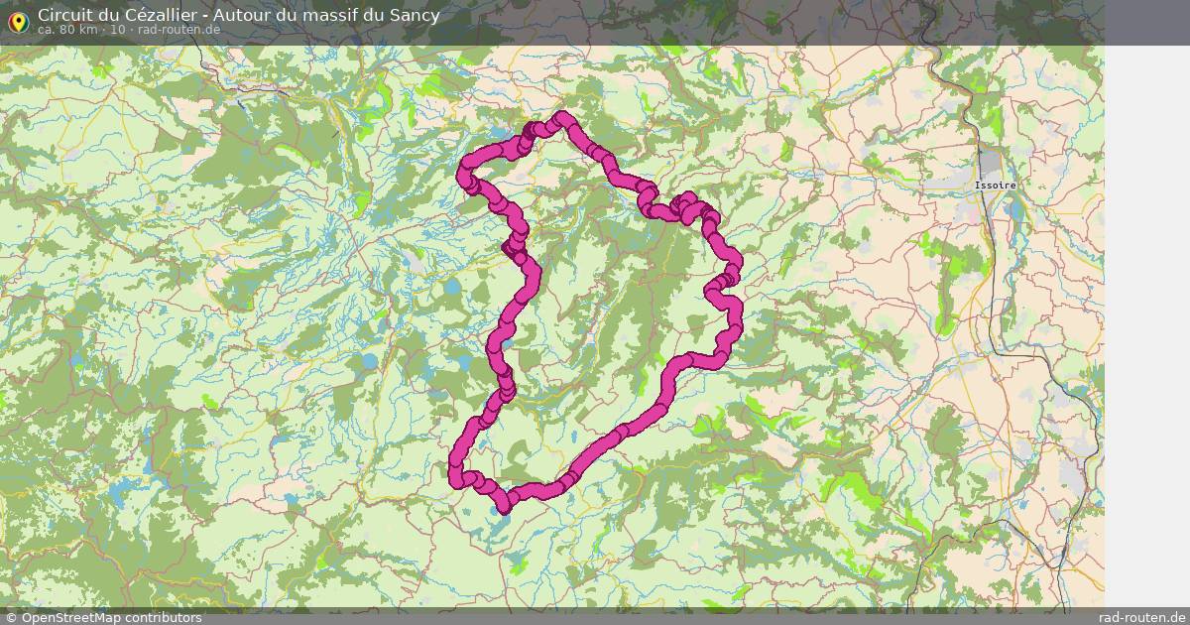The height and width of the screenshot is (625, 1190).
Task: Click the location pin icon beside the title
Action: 18,21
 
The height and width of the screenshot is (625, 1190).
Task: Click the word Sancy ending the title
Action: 416,15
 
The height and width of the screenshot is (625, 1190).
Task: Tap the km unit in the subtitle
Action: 88,29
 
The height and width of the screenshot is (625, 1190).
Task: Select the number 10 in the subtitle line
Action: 118,29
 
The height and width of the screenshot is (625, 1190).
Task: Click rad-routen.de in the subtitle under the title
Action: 178,29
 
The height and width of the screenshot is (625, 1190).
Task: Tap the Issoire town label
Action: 995,186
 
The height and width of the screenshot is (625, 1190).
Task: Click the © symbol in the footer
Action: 11,617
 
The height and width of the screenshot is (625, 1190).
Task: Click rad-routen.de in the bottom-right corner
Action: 1142,617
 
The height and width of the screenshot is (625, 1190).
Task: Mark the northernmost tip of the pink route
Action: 564,118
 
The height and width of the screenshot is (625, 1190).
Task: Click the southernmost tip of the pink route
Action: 504,508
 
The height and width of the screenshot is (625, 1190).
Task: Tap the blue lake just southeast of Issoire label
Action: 1012,209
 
